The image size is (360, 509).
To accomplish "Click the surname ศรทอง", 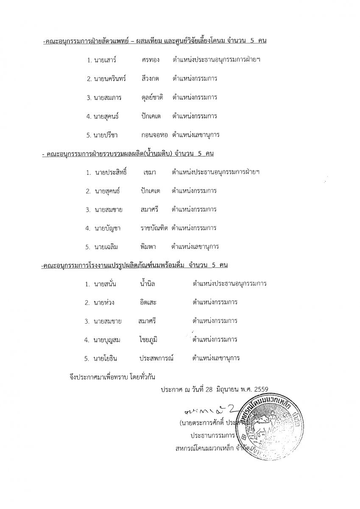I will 151,60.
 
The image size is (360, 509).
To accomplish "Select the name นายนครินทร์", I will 110,79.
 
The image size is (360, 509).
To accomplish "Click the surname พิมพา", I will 148,247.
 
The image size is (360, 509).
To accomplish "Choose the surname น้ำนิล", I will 148,284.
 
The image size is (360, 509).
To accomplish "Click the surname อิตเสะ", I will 148,302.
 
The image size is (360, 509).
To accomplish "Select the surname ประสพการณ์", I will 157,358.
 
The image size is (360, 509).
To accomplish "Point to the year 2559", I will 260,389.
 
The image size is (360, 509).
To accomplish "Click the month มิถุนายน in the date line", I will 230,389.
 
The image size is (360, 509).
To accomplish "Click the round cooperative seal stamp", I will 270,428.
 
